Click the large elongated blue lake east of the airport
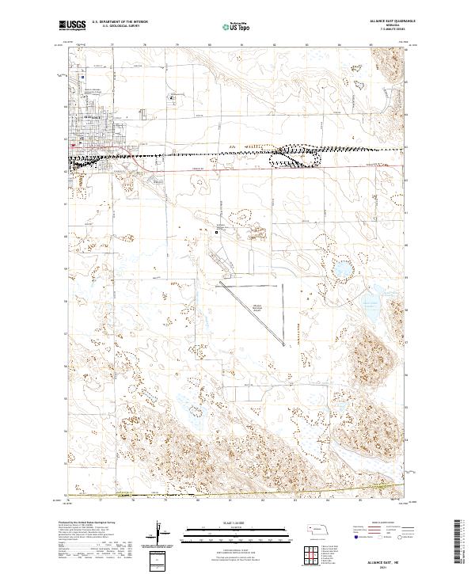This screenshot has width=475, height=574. tap(370, 310)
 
